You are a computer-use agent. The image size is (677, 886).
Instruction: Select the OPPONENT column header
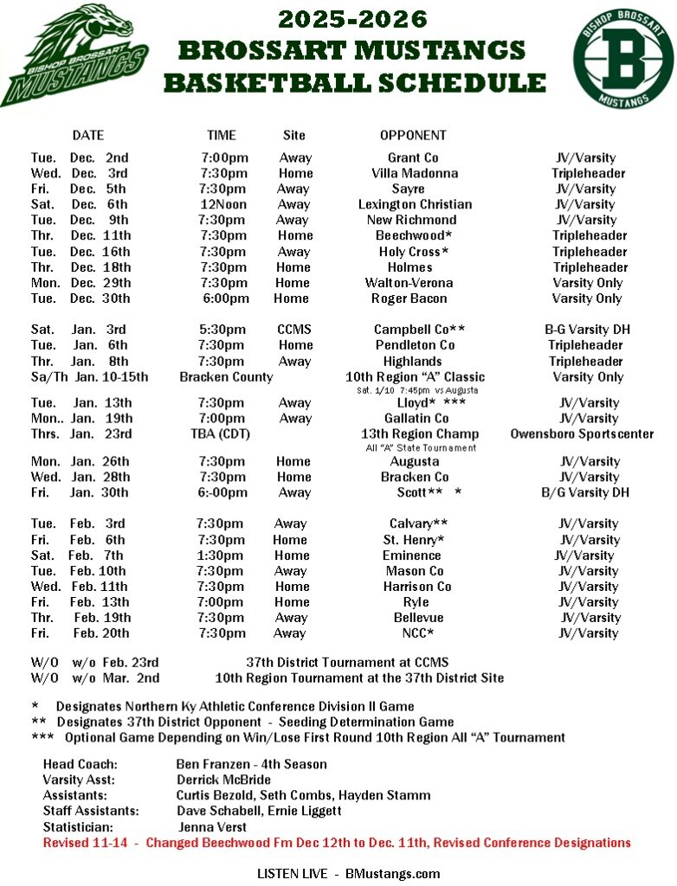(x=413, y=135)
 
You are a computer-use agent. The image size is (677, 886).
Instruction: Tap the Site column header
(x=294, y=135)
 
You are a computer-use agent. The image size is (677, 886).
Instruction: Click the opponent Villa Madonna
(x=415, y=173)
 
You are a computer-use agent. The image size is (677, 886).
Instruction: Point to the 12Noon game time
(x=223, y=204)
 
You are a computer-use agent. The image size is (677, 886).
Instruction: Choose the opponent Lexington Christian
(x=415, y=204)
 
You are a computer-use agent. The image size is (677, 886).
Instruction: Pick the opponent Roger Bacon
(x=409, y=299)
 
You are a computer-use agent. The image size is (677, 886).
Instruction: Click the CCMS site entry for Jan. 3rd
(x=294, y=330)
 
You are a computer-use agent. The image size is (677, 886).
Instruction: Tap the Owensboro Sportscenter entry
(x=582, y=433)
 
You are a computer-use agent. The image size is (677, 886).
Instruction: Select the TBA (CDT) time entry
(x=220, y=433)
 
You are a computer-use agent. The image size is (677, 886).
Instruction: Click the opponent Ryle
(x=416, y=602)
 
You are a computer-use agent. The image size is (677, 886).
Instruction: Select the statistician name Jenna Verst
(x=212, y=826)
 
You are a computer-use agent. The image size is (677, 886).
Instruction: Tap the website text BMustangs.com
(x=390, y=873)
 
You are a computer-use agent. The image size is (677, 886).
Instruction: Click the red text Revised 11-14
(x=89, y=843)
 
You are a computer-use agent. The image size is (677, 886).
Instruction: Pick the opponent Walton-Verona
(x=409, y=283)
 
